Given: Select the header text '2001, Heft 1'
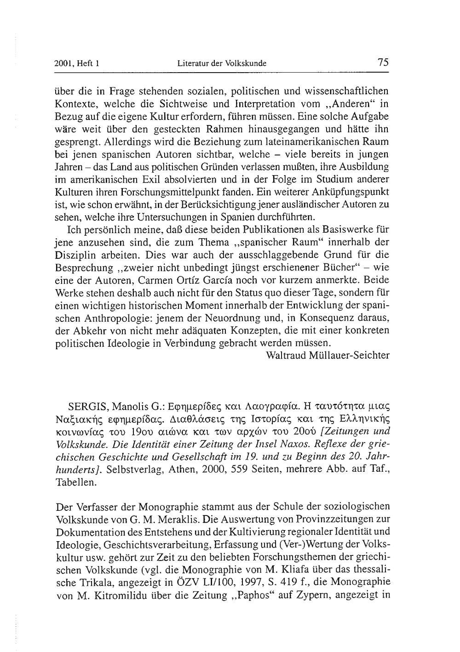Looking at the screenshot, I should tap(78, 64).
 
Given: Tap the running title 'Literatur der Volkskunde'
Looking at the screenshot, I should tap(222, 64).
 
